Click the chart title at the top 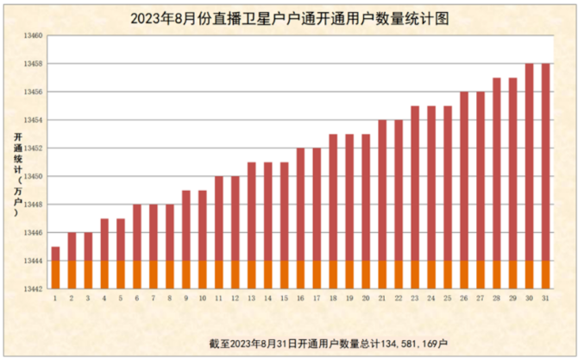point(290,17)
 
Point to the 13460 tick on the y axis point(31,36)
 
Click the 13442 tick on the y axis point(31,288)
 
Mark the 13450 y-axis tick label point(31,176)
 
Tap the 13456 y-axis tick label point(31,92)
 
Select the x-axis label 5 point(121,298)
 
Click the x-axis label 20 point(366,298)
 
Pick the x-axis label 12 point(235,298)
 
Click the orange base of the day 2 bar point(72,275)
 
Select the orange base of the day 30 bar point(530,275)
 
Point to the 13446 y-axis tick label point(31,232)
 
